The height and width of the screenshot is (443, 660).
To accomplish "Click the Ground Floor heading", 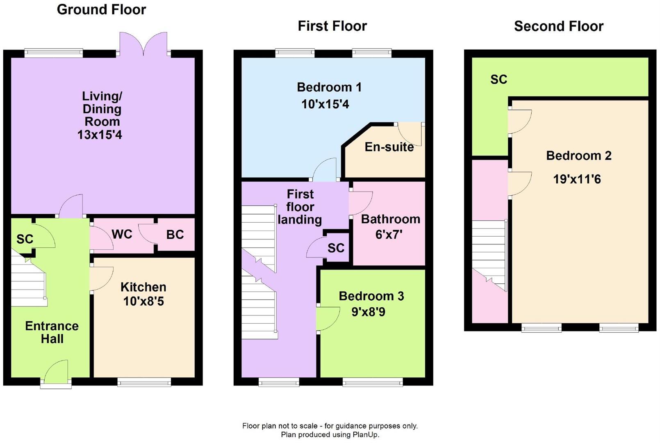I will point(101,9).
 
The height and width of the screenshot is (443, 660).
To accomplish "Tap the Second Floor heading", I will point(558,26).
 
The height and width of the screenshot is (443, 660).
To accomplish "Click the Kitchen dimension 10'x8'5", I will point(143,301).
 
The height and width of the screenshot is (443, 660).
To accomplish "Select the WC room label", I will point(122,234).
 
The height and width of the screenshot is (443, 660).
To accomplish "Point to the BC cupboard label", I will point(175,235).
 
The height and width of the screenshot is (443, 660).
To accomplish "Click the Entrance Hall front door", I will point(56,373).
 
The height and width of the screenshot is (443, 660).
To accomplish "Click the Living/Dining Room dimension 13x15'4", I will point(100,135).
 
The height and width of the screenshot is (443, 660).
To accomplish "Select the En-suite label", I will point(389,147).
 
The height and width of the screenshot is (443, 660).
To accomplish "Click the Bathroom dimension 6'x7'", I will point(389,235).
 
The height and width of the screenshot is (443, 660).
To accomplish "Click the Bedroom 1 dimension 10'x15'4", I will point(325,104).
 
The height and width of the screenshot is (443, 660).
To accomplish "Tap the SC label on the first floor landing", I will point(336,248).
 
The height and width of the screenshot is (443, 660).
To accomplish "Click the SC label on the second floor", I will point(498,80).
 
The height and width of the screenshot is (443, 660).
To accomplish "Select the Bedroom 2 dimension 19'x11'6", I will point(577,179).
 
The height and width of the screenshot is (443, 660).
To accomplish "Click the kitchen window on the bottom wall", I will point(144,382).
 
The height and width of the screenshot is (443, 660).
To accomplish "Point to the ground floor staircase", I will point(28,283).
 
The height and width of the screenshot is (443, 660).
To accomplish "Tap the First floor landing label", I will point(300,207).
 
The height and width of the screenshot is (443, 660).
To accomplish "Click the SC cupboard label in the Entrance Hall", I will point(25,239).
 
